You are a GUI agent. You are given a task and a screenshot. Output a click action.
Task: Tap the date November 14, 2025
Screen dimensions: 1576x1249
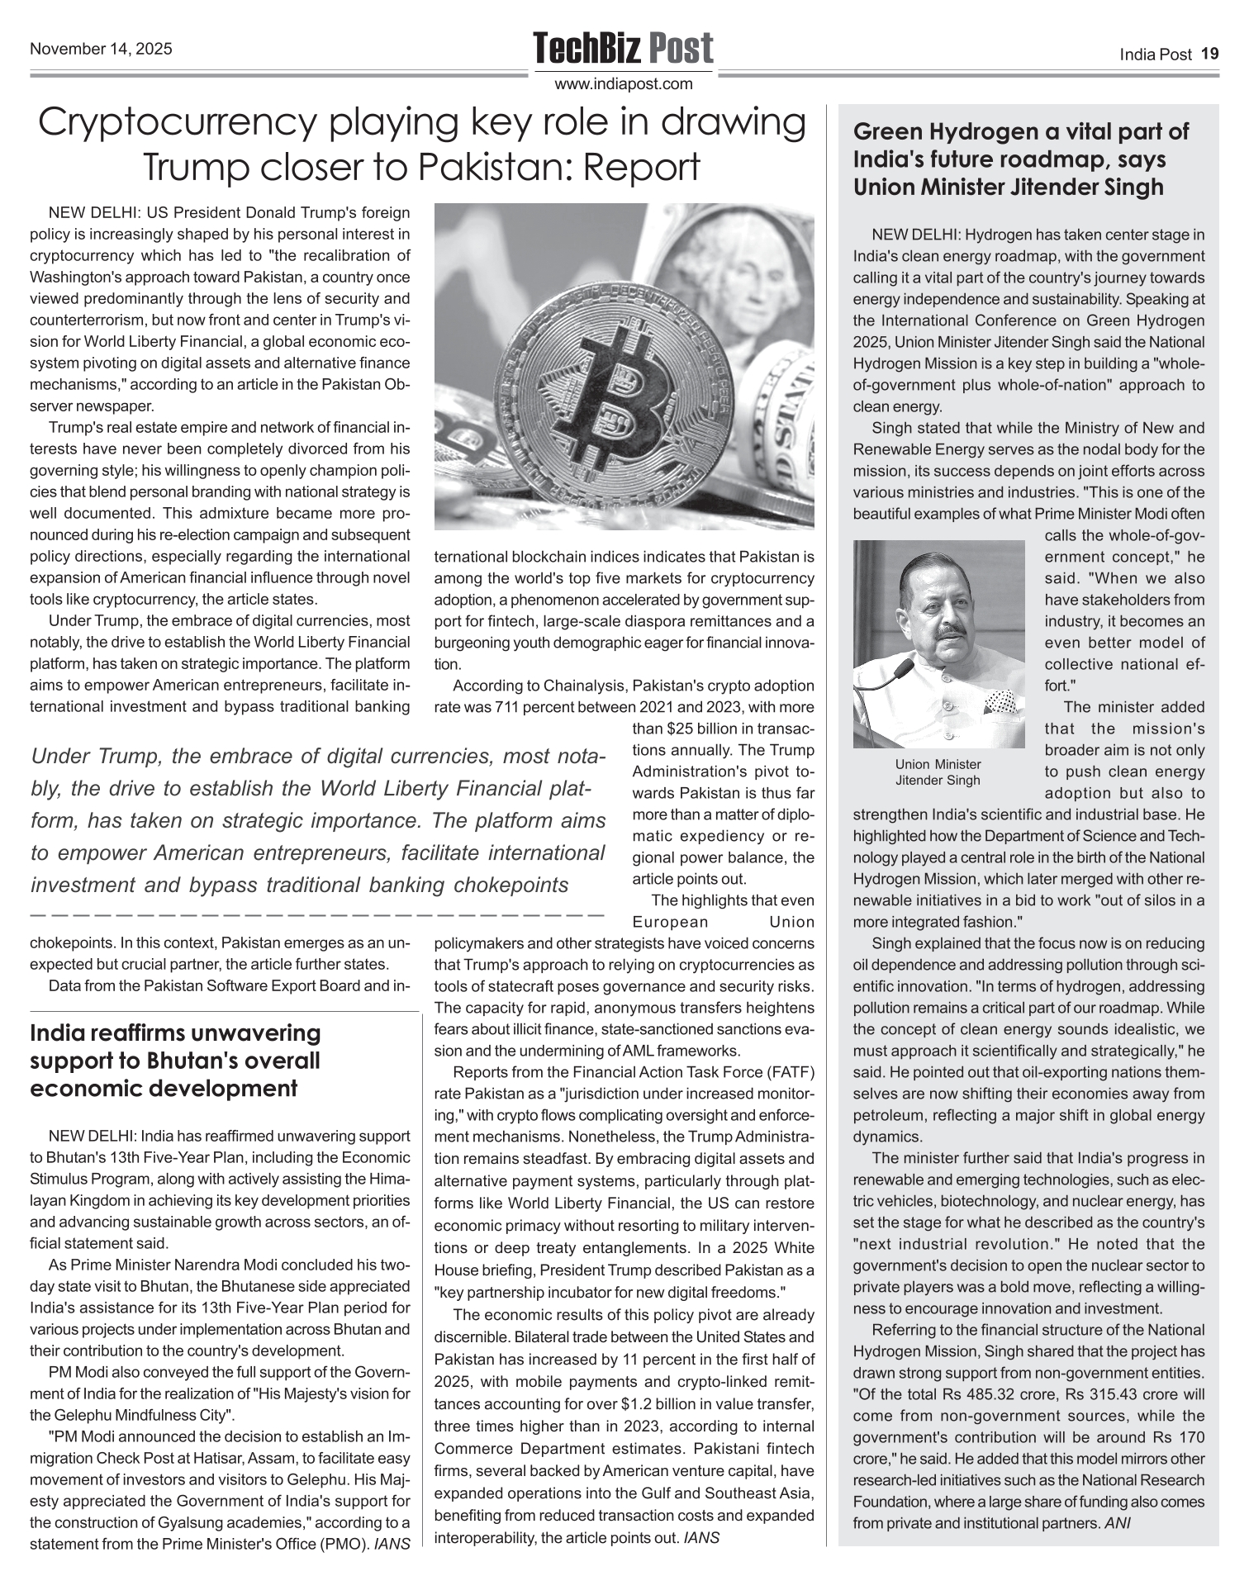tap(101, 49)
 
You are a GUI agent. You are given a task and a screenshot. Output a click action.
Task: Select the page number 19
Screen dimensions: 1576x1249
tap(1210, 55)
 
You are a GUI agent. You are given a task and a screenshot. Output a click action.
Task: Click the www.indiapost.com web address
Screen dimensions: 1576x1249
tap(624, 83)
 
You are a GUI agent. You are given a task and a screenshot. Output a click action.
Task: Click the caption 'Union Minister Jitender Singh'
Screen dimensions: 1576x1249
tap(938, 772)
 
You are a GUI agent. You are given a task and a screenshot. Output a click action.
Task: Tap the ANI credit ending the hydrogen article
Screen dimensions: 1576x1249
tap(1118, 1523)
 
